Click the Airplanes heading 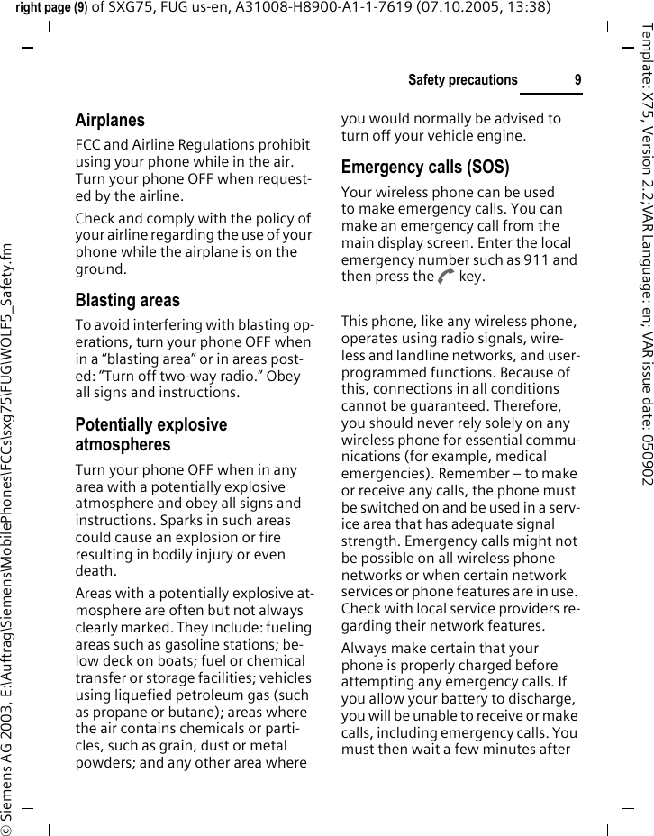click(110, 120)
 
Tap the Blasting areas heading click(127, 300)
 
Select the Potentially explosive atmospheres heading click(151, 434)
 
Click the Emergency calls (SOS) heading click(424, 167)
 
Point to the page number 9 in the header click(577, 80)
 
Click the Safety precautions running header click(462, 80)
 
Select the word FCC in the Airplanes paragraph click(90, 145)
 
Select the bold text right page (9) click(50, 8)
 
